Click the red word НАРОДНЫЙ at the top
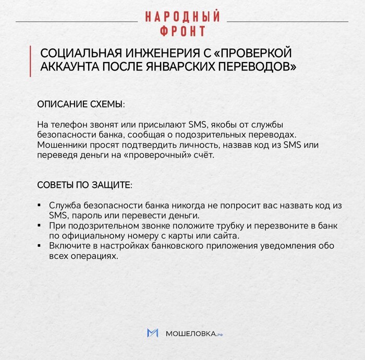tap(182, 17)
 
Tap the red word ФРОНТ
tap(182, 31)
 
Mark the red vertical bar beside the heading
tap(31, 61)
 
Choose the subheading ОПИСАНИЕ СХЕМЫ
tap(81, 104)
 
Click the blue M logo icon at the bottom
tap(152, 333)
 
